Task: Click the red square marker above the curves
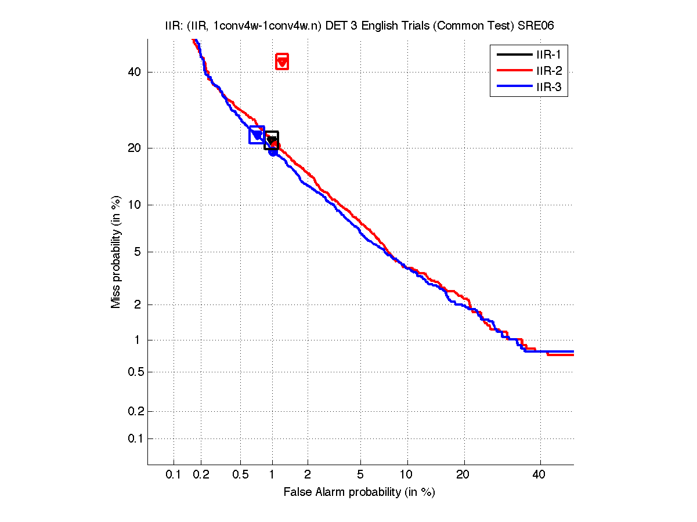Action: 282,62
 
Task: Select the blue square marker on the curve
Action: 257,135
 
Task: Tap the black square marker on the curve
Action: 271,140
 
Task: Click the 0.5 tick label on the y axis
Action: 135,372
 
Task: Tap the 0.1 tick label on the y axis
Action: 135,438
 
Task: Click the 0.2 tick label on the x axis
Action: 201,475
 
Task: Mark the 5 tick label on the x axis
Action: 360,475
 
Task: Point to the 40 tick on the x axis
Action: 539,475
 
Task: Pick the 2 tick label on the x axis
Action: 308,475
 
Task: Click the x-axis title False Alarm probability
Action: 359,492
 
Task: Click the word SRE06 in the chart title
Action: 544,26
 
